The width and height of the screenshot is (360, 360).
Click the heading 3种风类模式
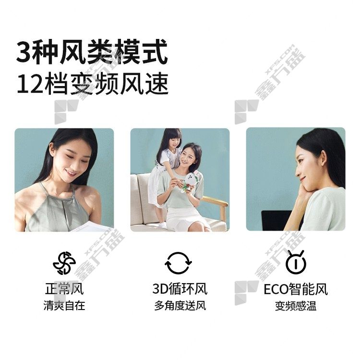(92, 52)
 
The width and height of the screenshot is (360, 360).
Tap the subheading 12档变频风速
(93, 84)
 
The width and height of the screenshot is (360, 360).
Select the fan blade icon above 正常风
(64, 263)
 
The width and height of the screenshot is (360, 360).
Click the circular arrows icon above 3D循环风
(178, 263)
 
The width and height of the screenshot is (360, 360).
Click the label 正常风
(64, 289)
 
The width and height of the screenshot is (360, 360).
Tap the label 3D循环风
(180, 289)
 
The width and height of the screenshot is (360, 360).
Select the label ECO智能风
(296, 289)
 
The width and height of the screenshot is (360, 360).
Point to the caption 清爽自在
(64, 306)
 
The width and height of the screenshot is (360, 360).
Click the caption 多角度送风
(180, 306)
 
